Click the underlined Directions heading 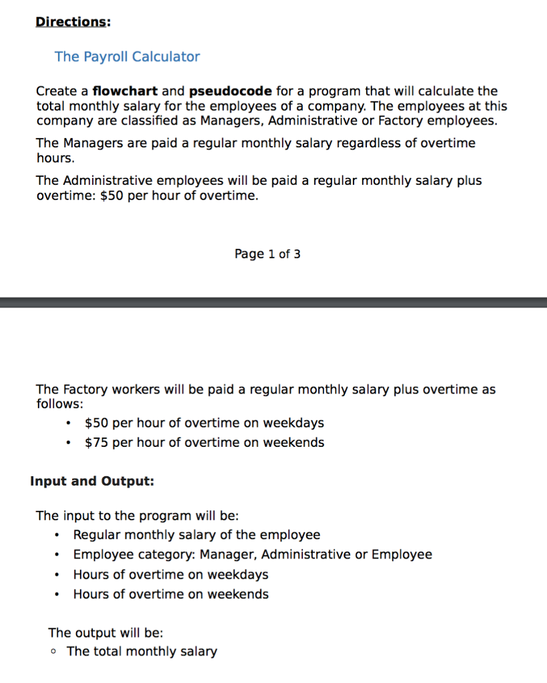coord(71,21)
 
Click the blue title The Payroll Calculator coord(127,57)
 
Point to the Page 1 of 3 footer coord(267,253)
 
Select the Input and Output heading coord(92,481)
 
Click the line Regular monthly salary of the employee coord(196,535)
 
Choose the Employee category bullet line coord(252,554)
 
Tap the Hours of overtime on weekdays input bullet coord(171,574)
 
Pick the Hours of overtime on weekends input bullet coord(171,594)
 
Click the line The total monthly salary coord(142,652)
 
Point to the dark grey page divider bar coord(273,302)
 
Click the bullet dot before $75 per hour coord(69,442)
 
